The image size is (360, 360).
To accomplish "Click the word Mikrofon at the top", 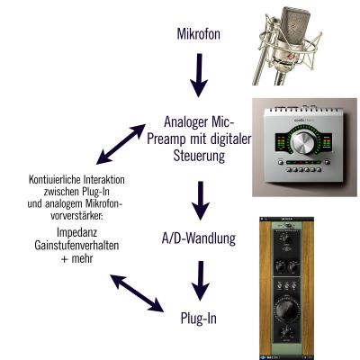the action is click(198, 34).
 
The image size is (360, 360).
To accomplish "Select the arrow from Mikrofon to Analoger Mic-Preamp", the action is click(199, 76).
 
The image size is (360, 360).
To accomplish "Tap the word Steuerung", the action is click(199, 156).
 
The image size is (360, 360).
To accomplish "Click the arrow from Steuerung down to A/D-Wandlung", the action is click(201, 201).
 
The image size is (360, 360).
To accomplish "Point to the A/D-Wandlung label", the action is click(199, 238).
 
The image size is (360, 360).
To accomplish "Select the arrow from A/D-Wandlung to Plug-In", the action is click(201, 281).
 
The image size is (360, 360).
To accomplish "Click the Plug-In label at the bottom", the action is click(199, 319).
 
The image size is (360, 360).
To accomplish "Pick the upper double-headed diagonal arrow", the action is click(121, 144).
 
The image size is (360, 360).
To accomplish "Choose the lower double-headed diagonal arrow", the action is click(137, 293).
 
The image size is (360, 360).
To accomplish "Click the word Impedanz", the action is click(76, 232).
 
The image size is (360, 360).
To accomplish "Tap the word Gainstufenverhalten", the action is click(76, 246).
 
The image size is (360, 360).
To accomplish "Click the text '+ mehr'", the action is click(76, 258).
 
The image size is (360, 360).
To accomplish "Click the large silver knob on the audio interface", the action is click(304, 143).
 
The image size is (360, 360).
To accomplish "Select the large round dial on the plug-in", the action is click(286, 310).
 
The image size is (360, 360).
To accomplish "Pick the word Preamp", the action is click(166, 139).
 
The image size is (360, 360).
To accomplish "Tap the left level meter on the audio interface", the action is click(281, 143).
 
